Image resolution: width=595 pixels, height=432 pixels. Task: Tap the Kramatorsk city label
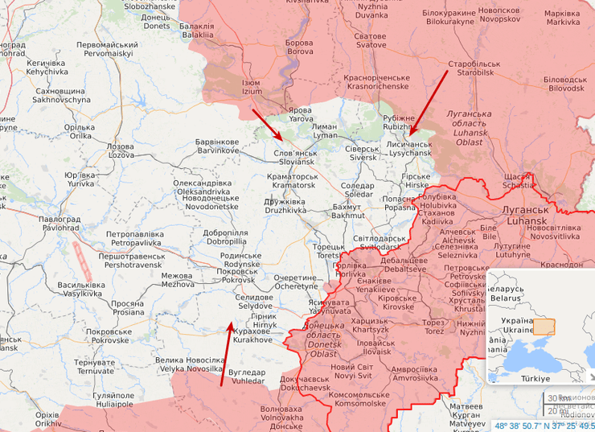(x=293, y=181)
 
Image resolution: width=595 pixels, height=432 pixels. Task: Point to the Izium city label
(x=252, y=87)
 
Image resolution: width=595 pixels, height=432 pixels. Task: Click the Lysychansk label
(x=409, y=148)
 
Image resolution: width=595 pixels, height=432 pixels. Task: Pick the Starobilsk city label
(x=474, y=68)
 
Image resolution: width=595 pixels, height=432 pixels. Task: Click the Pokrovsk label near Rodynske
(x=236, y=276)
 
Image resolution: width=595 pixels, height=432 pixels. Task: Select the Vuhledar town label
(x=247, y=377)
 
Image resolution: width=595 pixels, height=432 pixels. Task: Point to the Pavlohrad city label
(x=60, y=223)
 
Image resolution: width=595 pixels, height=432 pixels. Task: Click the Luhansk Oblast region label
(x=469, y=129)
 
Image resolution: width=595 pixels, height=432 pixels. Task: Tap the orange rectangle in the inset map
(x=545, y=327)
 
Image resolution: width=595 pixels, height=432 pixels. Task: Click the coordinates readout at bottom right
(x=544, y=426)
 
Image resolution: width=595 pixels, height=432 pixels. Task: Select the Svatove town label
(x=371, y=40)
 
